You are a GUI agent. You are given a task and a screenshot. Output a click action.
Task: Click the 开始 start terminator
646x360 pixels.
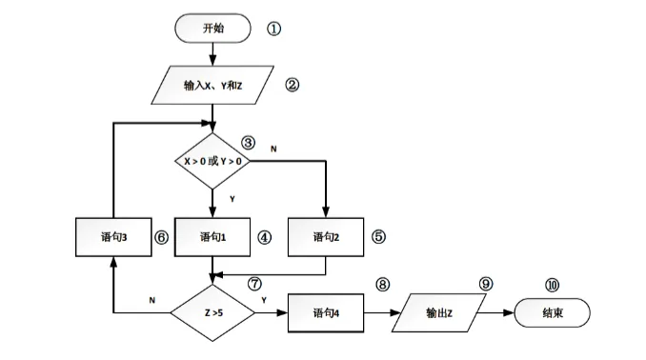pos(213,28)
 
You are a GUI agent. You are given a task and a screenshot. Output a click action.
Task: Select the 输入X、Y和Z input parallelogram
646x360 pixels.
pos(213,86)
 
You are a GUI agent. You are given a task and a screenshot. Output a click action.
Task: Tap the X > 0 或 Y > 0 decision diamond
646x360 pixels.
pos(213,162)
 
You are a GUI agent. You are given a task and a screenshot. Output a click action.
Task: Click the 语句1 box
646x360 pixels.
pos(212,236)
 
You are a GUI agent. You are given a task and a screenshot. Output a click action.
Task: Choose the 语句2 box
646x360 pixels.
pos(326,236)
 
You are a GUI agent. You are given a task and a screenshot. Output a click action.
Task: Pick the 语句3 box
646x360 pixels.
pos(113,236)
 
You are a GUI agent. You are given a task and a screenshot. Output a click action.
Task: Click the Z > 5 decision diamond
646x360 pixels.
pos(212,311)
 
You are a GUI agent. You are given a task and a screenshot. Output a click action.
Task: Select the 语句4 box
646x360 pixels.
pos(326,311)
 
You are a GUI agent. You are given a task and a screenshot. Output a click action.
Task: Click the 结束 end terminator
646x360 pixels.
pos(553,311)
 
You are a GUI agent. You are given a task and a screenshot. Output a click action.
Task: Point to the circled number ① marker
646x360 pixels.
pos(273,28)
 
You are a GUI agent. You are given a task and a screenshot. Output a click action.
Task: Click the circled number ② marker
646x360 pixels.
pos(293,85)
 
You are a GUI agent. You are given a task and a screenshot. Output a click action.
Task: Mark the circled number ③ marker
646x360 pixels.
pos(248,143)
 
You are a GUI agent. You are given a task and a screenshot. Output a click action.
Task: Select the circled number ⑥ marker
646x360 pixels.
pos(161,237)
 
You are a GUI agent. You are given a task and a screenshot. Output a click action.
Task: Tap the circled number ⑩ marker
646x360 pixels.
pos(553,284)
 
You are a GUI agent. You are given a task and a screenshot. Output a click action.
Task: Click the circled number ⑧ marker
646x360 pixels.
pos(383,284)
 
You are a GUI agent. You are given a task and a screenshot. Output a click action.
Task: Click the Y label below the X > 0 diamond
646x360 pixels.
pos(232,198)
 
